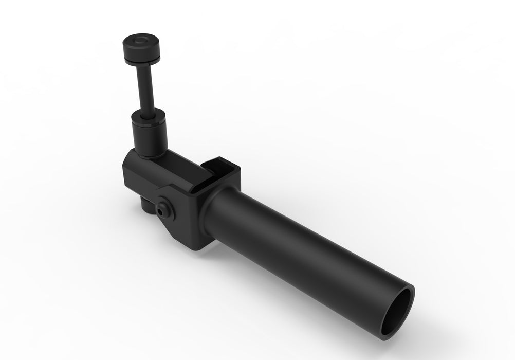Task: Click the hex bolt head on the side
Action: click(x=164, y=207)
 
